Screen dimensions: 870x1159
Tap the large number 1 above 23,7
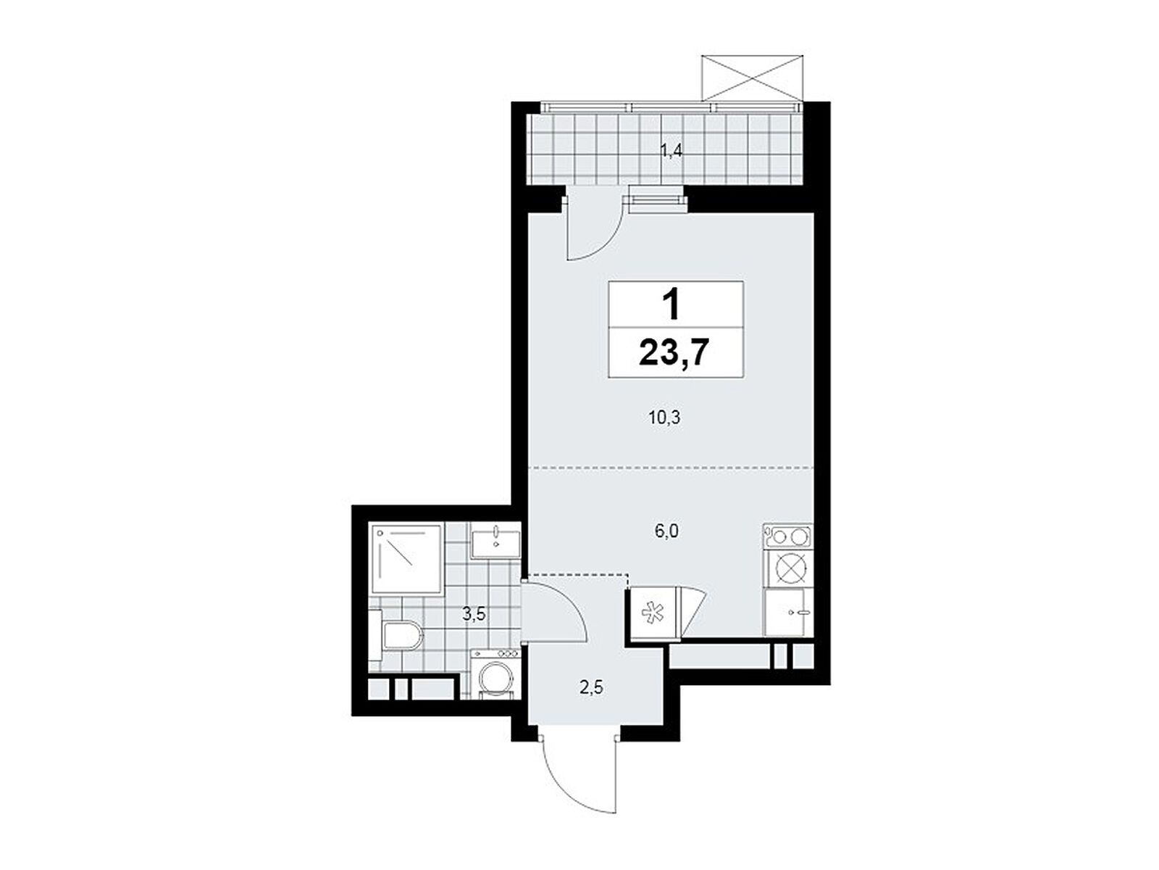point(673,305)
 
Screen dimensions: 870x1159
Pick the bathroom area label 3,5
point(474,615)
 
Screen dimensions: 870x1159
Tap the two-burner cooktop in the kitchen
point(788,537)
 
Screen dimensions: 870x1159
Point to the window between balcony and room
point(656,198)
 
